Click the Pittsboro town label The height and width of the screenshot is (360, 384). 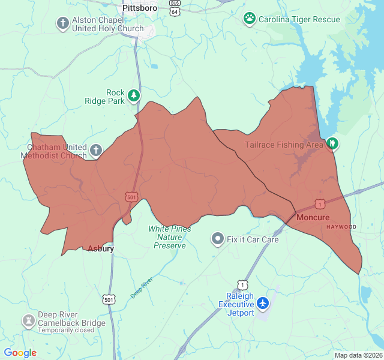tap(140, 8)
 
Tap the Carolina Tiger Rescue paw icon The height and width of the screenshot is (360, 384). tap(249, 19)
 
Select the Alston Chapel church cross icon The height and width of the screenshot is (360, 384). tap(62, 23)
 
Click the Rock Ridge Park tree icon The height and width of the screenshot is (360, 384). tap(133, 95)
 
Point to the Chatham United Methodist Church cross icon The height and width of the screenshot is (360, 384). tap(96, 149)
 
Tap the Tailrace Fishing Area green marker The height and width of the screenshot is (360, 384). tap(332, 143)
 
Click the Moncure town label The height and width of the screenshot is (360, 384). tap(313, 217)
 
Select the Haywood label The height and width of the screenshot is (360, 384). tap(341, 227)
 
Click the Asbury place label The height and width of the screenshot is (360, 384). tap(101, 248)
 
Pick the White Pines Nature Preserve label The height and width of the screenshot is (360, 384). tap(170, 237)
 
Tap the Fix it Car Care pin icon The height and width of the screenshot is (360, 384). tap(217, 239)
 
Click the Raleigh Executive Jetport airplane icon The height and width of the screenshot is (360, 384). tap(263, 304)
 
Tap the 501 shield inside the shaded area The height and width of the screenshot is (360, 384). tap(131, 196)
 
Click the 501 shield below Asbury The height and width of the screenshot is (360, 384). tap(109, 299)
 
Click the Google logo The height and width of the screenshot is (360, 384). tap(20, 353)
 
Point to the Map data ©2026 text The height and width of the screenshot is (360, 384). tap(358, 355)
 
